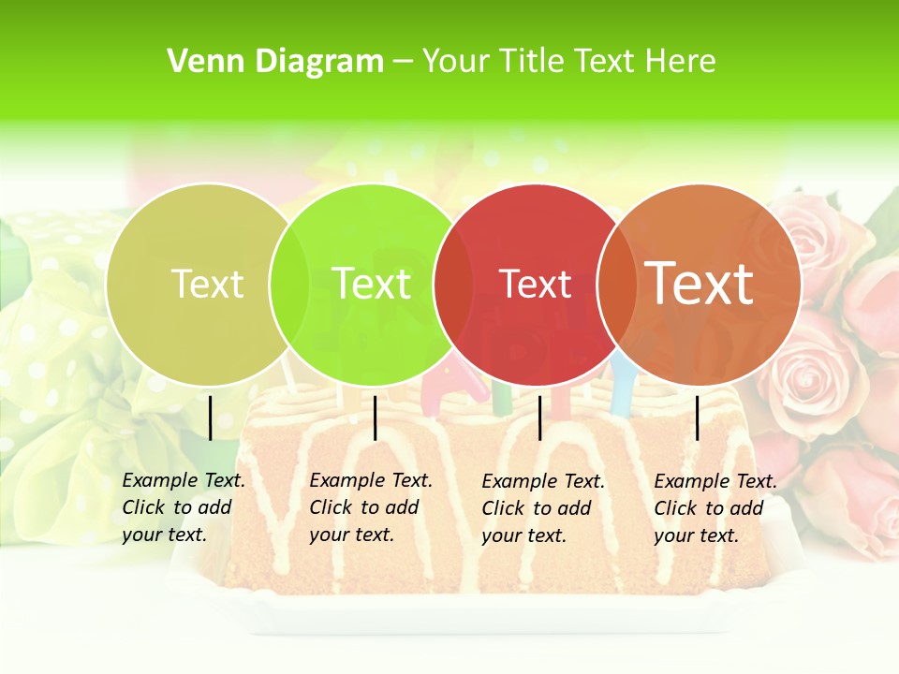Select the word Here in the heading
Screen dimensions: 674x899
(681, 61)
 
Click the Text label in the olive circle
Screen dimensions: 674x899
(207, 284)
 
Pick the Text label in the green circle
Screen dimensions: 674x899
(371, 284)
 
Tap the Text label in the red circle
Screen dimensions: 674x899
(536, 284)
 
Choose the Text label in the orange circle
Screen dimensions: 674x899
(700, 284)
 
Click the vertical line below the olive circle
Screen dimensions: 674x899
(211, 418)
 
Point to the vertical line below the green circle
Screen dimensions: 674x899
(375, 418)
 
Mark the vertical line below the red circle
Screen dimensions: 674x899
(540, 418)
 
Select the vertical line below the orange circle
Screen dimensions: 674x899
(698, 418)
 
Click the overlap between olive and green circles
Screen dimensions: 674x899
(289, 284)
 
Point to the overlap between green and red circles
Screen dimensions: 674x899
(453, 284)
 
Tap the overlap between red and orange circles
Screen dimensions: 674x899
(617, 284)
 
